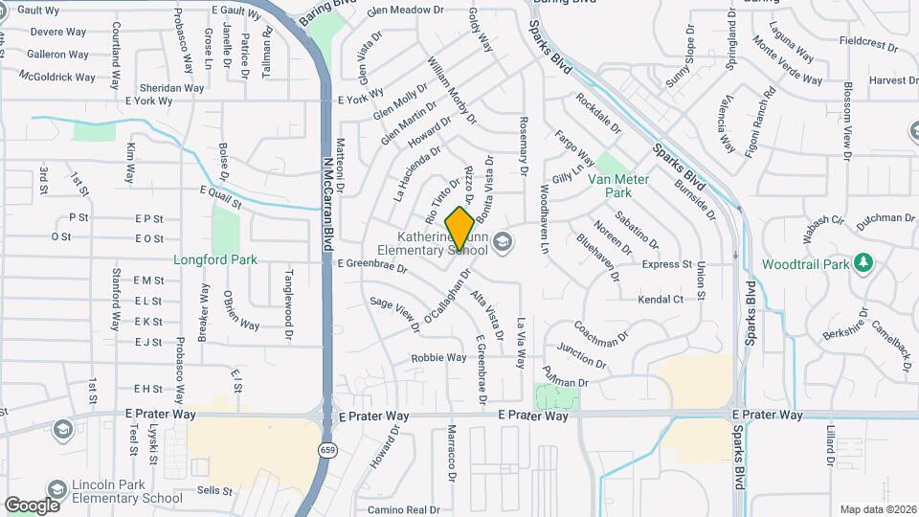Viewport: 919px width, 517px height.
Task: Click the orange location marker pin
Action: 459,228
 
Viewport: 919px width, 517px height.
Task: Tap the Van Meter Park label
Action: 618,186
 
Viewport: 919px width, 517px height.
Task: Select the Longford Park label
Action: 203,259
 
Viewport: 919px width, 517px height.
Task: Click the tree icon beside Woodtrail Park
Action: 863,262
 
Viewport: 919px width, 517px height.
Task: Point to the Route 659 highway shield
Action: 329,448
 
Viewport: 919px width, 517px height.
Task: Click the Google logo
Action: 32,505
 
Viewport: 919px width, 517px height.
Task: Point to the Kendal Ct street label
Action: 661,300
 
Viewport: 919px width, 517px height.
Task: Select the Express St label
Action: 667,264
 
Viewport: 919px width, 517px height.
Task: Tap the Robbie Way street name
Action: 438,358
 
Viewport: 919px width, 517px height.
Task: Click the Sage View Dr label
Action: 395,314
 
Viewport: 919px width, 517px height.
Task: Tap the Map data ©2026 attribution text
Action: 878,509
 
